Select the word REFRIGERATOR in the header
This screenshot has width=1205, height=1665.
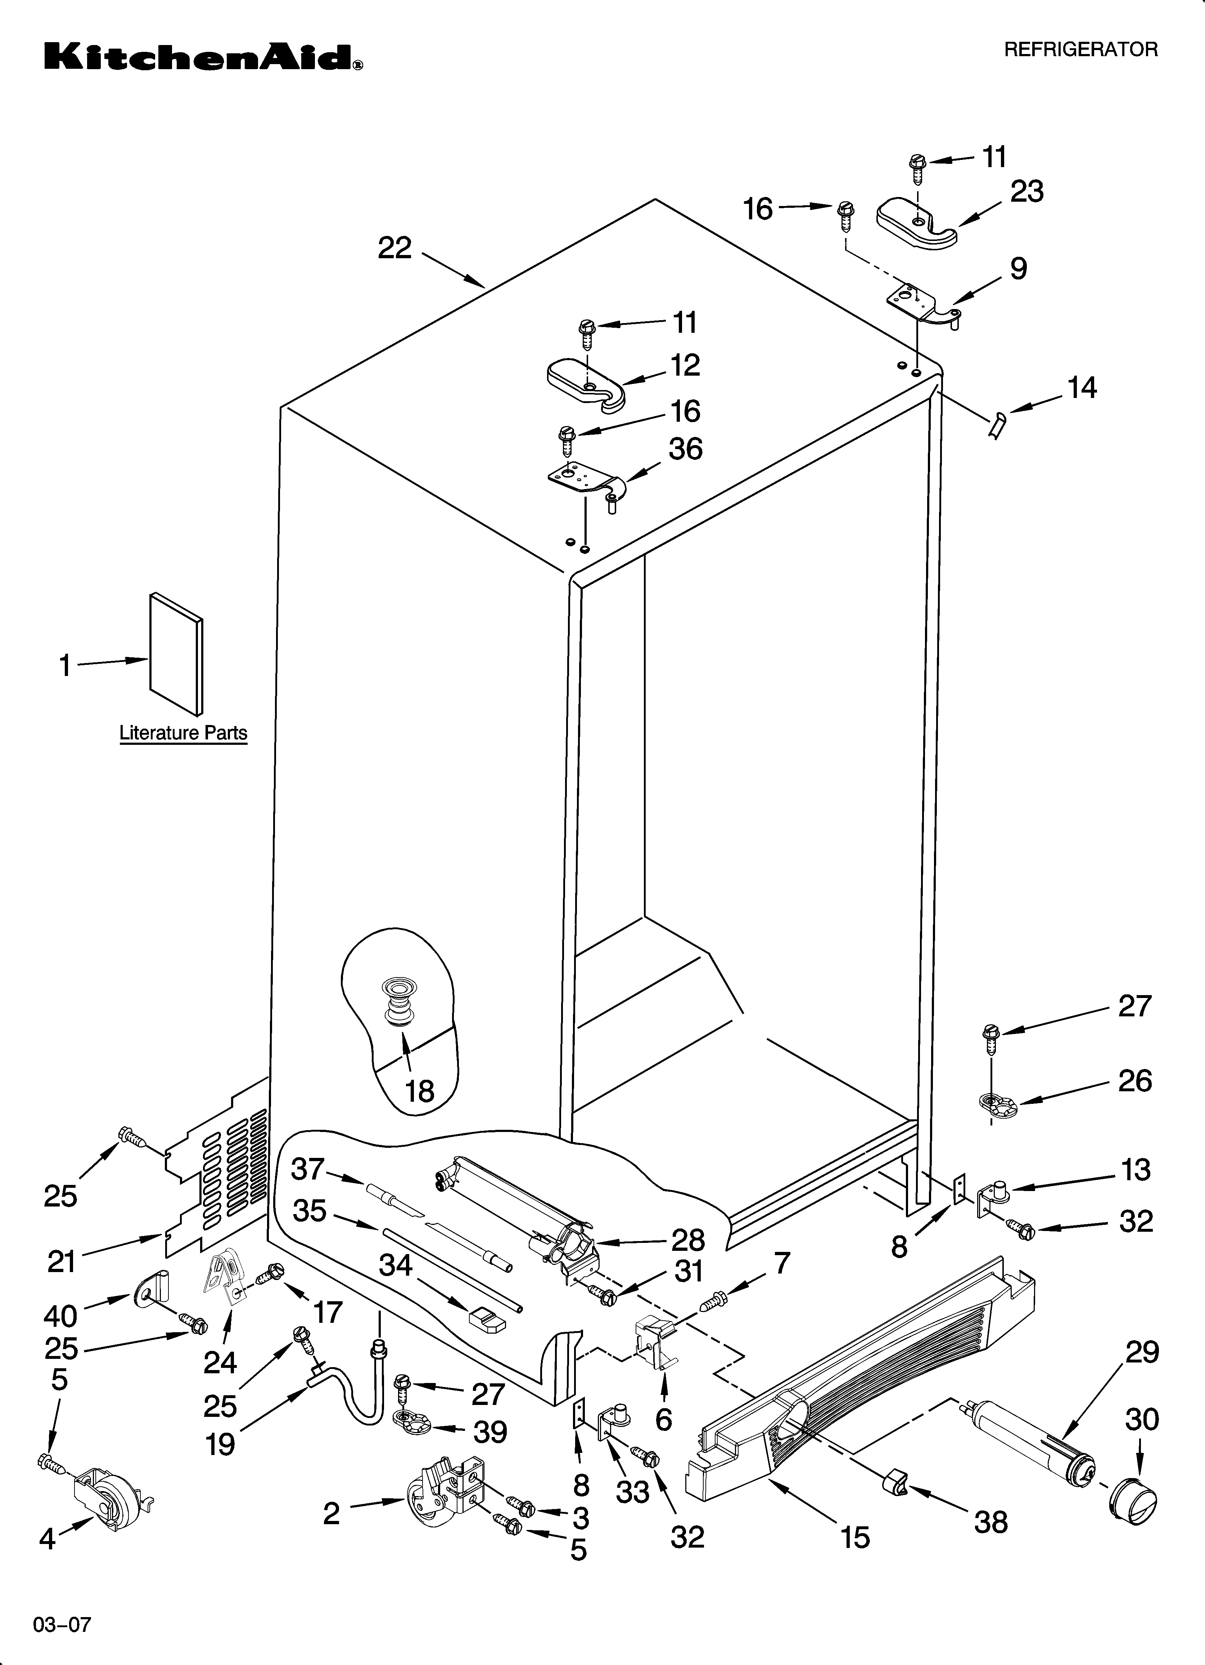coord(1080,50)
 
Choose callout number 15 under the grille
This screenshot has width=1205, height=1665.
coord(855,1535)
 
